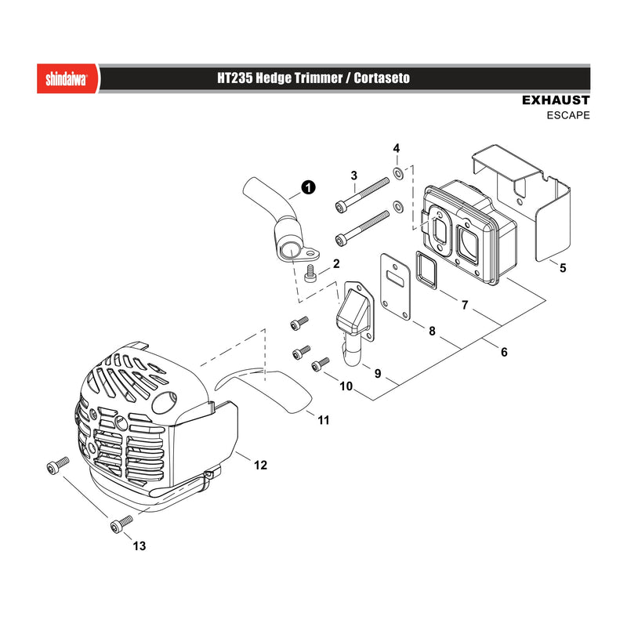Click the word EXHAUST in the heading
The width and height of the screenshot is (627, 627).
[x=556, y=100]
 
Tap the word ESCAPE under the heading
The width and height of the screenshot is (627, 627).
[x=568, y=115]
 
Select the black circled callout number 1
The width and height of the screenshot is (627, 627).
[x=308, y=187]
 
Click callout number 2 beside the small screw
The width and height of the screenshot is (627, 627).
[x=336, y=263]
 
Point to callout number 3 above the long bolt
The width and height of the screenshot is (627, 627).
[x=354, y=175]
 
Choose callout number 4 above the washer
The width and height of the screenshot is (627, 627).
[x=397, y=148]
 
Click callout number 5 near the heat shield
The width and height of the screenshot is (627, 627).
[x=563, y=267]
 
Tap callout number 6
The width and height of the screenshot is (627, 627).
[x=504, y=352]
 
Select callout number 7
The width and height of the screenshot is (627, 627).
[x=465, y=305]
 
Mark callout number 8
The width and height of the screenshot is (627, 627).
[x=432, y=331]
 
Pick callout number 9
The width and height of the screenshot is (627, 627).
[x=378, y=374]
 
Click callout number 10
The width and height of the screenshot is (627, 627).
[x=346, y=386]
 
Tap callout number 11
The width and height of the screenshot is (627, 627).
[x=324, y=420]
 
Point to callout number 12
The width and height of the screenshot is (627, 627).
[x=260, y=465]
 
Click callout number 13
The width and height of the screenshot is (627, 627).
[x=140, y=545]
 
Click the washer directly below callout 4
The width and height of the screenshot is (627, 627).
[x=398, y=172]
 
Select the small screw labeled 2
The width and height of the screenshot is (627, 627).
[x=310, y=274]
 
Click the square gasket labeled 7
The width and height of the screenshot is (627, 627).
[x=426, y=270]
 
